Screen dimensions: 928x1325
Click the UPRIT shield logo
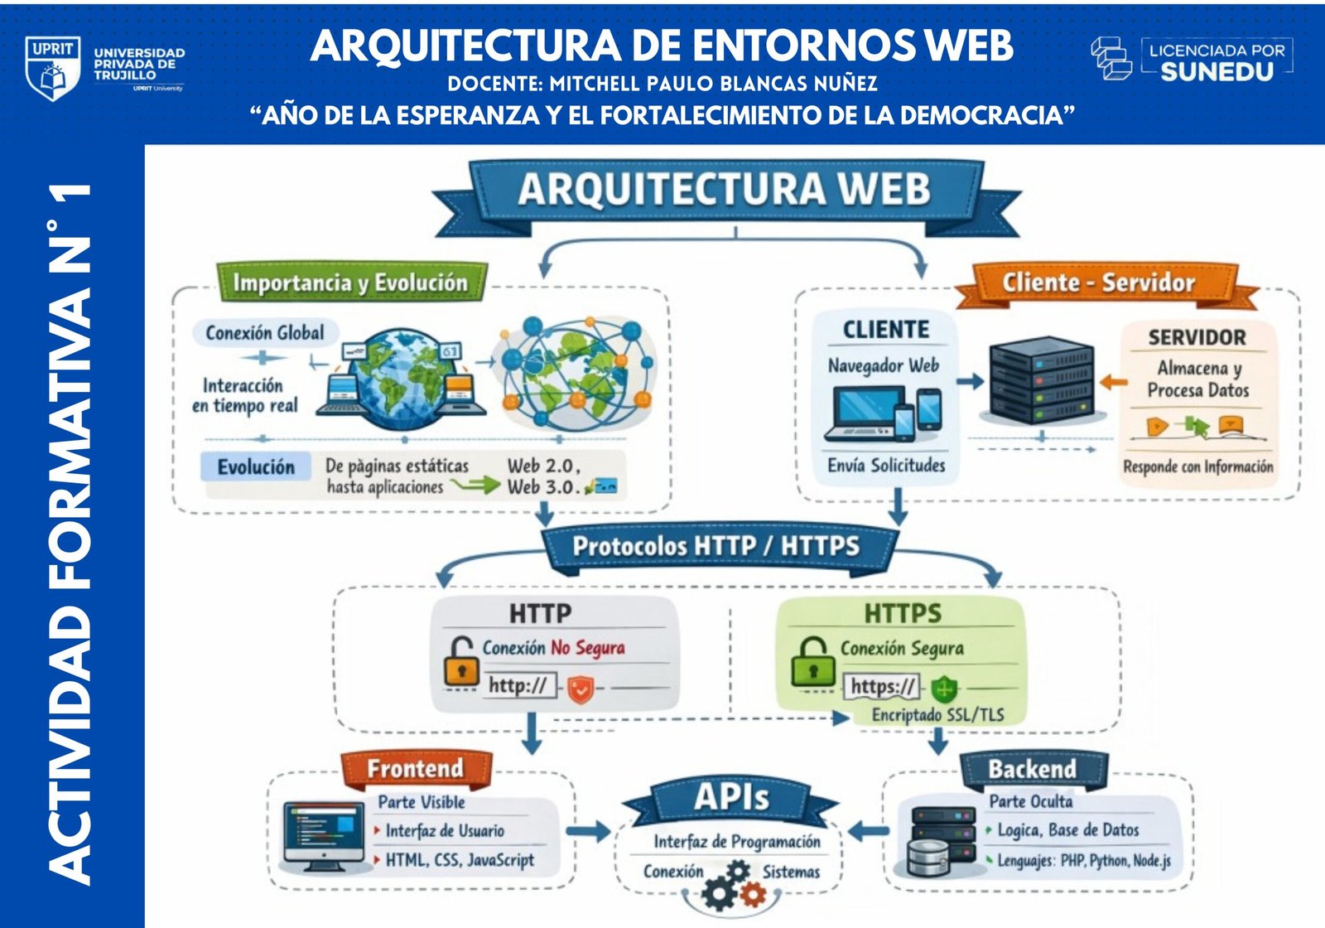click(x=53, y=68)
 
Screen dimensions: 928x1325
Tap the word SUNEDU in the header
click(x=1217, y=72)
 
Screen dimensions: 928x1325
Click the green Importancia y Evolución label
click(x=350, y=283)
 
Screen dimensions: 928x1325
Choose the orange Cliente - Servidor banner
click(x=1099, y=283)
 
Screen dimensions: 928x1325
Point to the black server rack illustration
click(x=1041, y=382)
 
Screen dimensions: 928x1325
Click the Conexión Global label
click(x=265, y=333)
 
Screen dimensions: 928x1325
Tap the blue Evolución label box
click(x=256, y=467)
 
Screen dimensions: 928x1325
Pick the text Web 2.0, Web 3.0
click(x=544, y=476)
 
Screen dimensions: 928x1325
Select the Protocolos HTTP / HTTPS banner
click(x=717, y=547)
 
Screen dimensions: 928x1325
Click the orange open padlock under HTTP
click(x=460, y=660)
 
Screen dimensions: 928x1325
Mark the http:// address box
click(x=518, y=685)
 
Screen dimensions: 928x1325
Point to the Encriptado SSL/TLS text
click(x=937, y=715)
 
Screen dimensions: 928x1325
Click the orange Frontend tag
click(x=416, y=769)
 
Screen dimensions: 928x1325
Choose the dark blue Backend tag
click(x=1032, y=770)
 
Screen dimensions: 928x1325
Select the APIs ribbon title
click(x=731, y=798)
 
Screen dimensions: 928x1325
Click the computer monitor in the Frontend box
click(x=324, y=835)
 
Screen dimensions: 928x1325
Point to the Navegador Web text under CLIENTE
click(x=884, y=365)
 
